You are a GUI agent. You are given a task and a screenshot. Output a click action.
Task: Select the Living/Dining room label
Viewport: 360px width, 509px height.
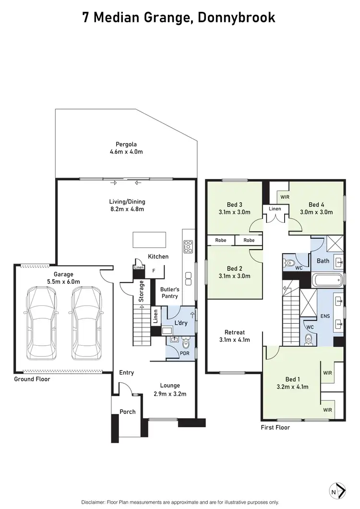(127, 205)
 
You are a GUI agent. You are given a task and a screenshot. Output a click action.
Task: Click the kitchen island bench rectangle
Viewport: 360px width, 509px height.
(150, 239)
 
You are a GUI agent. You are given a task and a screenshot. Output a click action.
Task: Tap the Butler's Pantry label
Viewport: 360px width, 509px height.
(169, 293)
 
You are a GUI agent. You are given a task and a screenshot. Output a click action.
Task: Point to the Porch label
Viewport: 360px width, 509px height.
(128, 412)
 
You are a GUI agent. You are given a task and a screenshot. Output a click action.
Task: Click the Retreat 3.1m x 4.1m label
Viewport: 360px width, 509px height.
(235, 336)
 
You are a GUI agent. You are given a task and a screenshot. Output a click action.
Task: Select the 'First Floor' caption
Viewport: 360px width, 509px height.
(275, 427)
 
